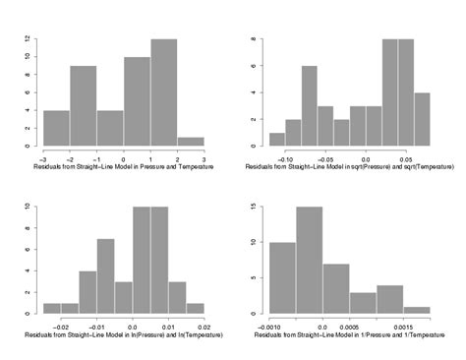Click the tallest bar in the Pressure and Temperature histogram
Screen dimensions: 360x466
(163, 93)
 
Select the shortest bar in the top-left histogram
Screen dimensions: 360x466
(190, 142)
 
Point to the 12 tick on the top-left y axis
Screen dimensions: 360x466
(35, 39)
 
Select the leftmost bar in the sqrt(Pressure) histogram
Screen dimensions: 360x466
(277, 140)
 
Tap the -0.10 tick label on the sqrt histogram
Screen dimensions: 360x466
(286, 157)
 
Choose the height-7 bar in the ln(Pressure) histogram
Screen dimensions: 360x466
(105, 276)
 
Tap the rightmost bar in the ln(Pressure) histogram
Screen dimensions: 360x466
(196, 309)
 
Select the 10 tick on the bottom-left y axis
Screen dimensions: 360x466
(35, 208)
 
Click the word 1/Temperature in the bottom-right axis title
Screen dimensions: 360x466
(405, 336)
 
